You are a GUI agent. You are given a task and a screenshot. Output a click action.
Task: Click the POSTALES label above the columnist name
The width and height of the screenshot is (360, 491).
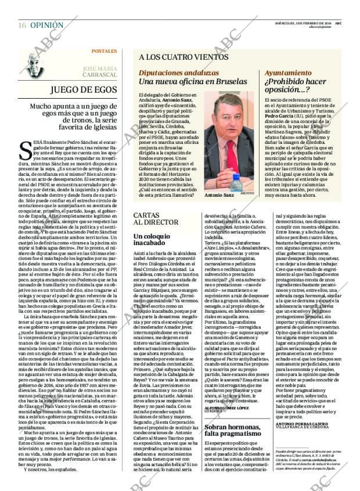point(104,51)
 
